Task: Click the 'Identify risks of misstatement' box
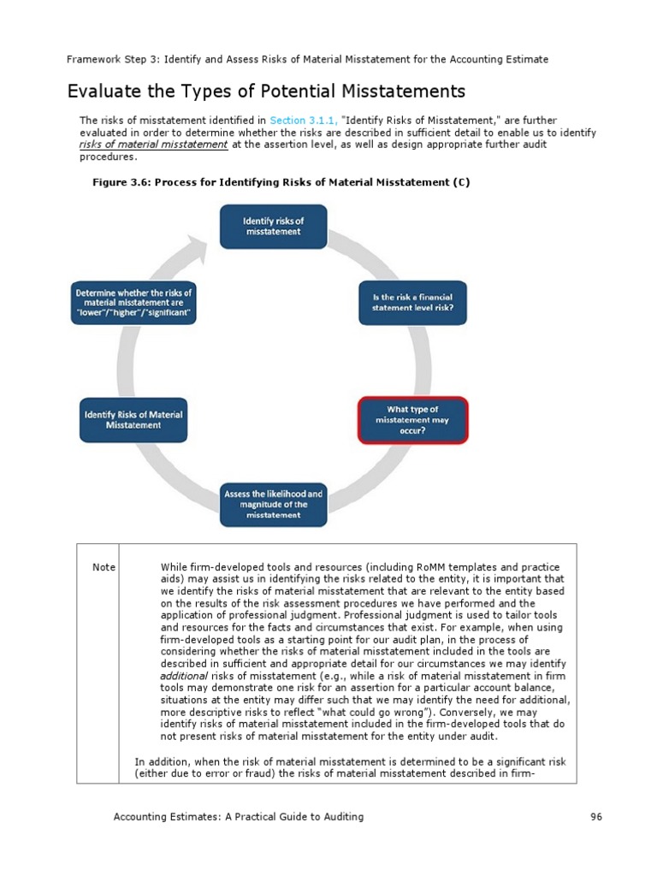pos(273,226)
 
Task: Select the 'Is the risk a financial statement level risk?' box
pos(411,302)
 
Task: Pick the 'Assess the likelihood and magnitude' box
pos(273,505)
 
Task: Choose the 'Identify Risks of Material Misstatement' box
pos(133,420)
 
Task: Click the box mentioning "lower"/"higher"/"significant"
pos(133,303)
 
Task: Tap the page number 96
pos(596,817)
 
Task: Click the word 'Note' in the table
pos(104,567)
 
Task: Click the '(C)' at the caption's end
pos(463,183)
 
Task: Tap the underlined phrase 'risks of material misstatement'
pos(154,145)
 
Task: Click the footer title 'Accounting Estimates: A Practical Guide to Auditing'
pos(239,817)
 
